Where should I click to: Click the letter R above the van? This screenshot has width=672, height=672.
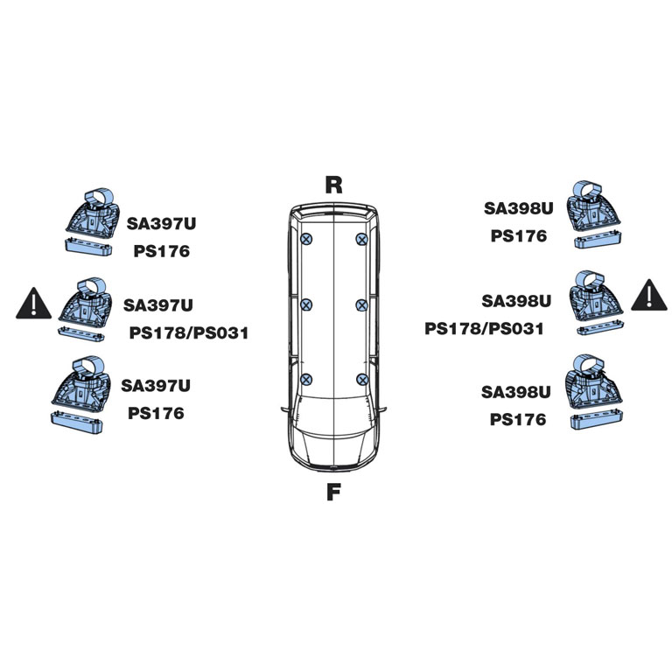pos(334,185)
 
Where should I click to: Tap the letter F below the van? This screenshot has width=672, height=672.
pos(333,492)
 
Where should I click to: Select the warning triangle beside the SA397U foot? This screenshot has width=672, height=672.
pos(33,304)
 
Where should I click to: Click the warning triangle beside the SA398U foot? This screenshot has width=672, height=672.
pos(649,294)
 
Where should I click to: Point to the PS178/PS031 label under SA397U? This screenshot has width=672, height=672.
pos(189,333)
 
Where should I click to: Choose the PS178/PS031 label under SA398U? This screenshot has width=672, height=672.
pos(484,329)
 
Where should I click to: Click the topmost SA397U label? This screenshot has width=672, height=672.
pos(161,223)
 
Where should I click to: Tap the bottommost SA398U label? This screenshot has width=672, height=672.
pos(515,392)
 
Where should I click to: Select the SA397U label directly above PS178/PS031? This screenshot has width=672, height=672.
pos(158,305)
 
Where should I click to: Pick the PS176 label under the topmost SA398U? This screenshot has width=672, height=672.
pos(519,235)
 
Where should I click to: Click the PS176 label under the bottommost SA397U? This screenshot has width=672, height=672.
pos(156,413)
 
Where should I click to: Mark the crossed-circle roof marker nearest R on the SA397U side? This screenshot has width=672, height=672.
pos(306,239)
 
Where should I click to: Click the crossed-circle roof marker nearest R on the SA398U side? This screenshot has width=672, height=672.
pos(361,239)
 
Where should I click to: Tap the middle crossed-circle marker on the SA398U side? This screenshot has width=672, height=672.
pos(361,305)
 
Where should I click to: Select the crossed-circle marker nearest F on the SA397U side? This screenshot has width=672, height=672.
pos(305,379)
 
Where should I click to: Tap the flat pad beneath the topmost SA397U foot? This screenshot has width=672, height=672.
pos(88,248)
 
